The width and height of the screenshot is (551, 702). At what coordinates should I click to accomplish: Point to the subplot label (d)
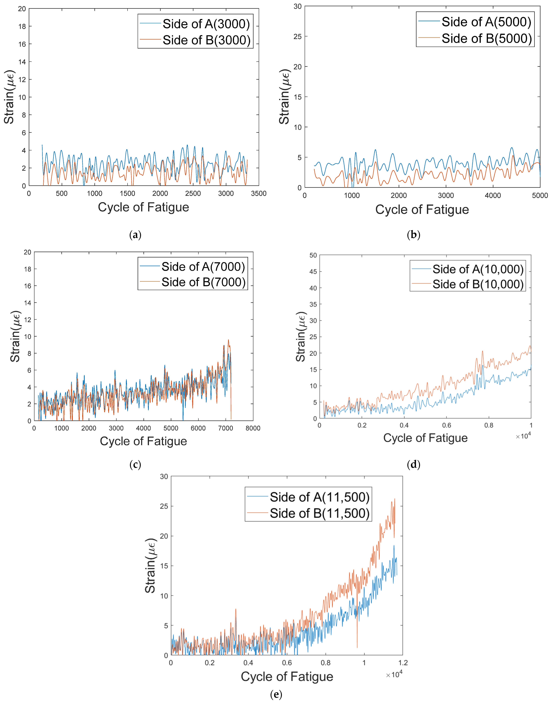click(414, 465)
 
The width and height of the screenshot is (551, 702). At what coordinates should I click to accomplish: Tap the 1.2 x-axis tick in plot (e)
click(403, 663)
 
